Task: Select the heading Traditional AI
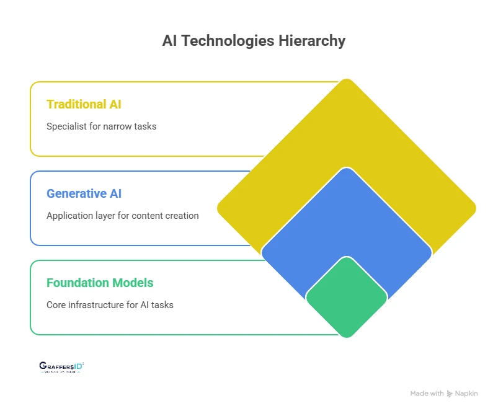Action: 84,104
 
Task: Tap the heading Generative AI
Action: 84,193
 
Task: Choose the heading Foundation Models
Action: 100,283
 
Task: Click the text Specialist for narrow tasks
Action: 101,126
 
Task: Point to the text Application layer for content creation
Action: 122,216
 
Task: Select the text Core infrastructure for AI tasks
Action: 110,305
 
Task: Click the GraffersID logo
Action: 61,367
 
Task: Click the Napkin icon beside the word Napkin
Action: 450,394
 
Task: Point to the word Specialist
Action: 66,126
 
